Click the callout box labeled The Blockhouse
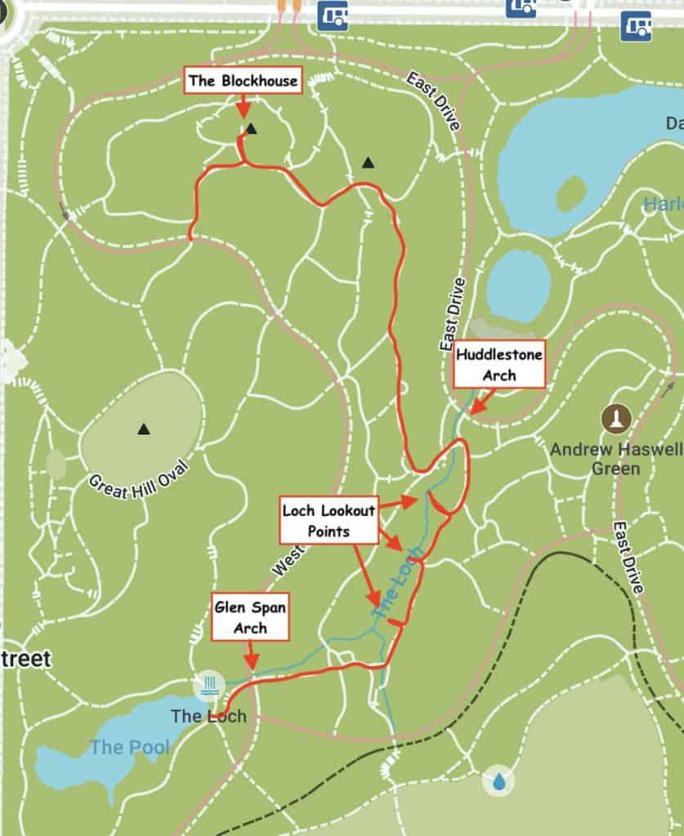click(243, 81)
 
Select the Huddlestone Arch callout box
click(498, 364)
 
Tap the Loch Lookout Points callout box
click(329, 520)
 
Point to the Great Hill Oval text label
click(138, 479)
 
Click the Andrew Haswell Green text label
click(615, 459)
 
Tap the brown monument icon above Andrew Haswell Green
click(616, 419)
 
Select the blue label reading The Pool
click(129, 746)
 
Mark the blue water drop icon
click(498, 781)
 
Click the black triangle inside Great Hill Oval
click(144, 428)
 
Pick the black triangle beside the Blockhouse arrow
click(252, 128)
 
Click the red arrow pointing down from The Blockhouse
click(242, 109)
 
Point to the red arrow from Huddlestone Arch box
click(478, 401)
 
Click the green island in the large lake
click(571, 193)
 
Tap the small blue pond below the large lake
click(518, 286)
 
